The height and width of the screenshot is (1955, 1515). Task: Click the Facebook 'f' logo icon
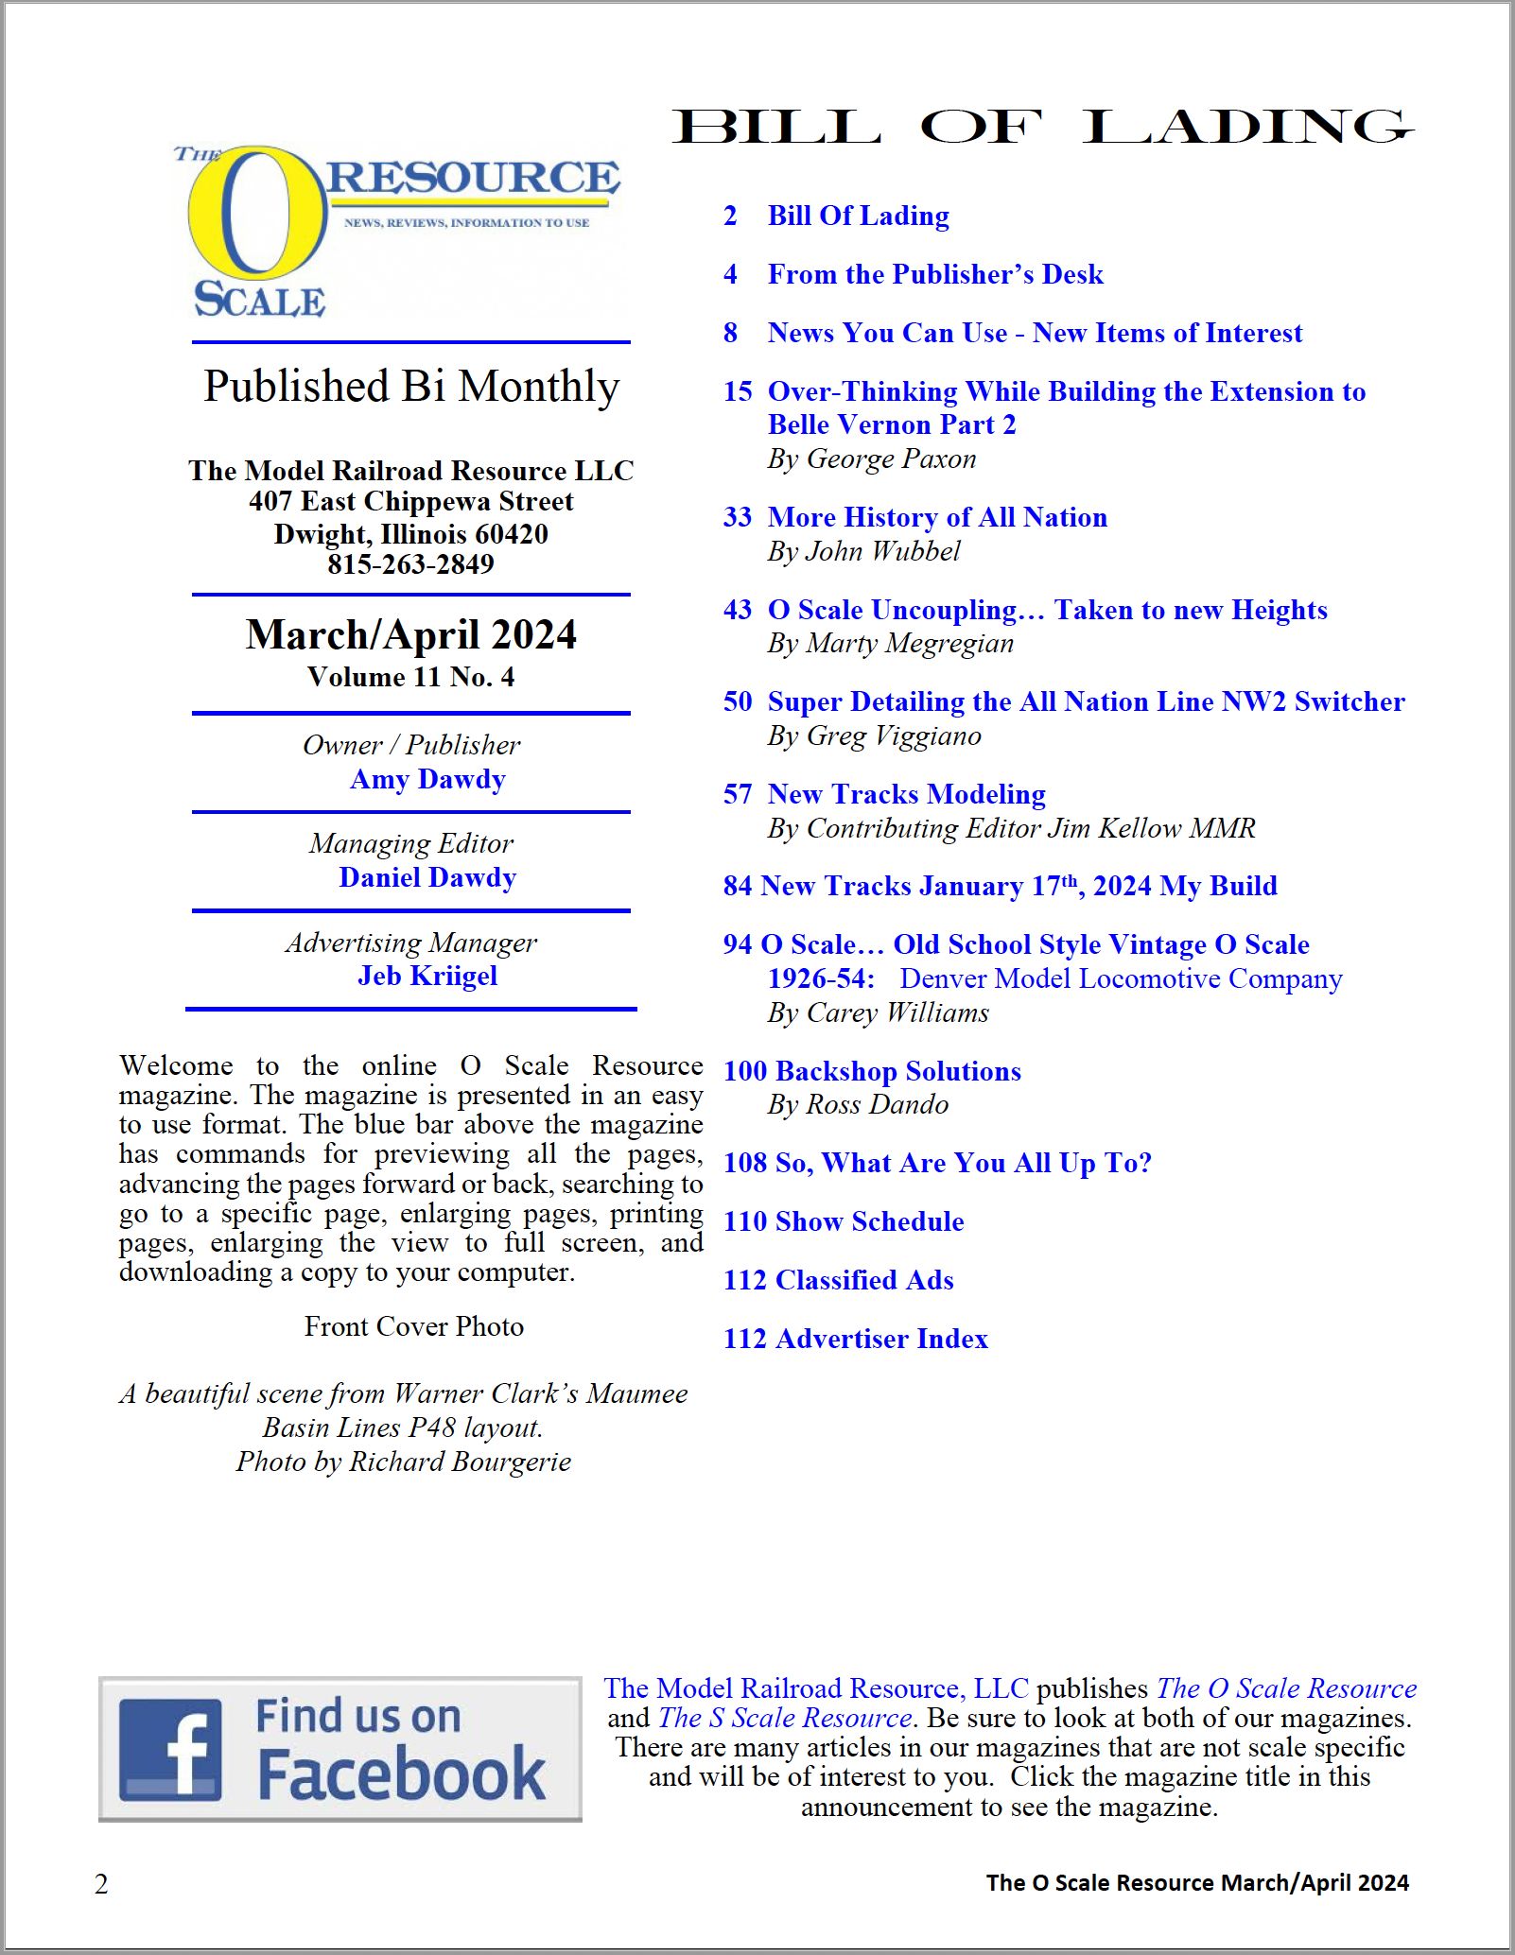(171, 1749)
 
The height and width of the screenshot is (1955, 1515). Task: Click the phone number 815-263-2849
(410, 564)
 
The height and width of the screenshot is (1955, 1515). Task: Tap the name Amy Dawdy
(427, 779)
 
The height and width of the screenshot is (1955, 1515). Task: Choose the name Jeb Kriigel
(427, 976)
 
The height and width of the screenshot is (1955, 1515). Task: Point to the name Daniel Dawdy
(427, 877)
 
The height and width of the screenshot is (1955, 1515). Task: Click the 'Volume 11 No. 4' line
(410, 677)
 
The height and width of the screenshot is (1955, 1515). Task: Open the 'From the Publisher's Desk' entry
(934, 274)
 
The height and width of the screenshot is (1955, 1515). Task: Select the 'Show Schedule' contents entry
(869, 1221)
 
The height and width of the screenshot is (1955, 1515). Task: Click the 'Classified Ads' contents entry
(863, 1280)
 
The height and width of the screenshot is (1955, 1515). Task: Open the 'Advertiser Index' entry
(881, 1339)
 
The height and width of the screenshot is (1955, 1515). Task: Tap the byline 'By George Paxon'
(871, 459)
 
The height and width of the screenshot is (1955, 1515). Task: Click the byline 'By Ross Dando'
(858, 1104)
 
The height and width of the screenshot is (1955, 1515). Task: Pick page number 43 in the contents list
(738, 610)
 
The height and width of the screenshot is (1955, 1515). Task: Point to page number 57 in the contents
(738, 794)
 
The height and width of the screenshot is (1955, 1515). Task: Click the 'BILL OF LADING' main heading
(1042, 127)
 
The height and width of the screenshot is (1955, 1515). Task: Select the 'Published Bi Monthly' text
(411, 386)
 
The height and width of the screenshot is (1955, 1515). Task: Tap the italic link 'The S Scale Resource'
(785, 1718)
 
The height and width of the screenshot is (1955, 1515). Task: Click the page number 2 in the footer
(101, 1884)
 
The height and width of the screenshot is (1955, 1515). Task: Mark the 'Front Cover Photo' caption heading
(413, 1326)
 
